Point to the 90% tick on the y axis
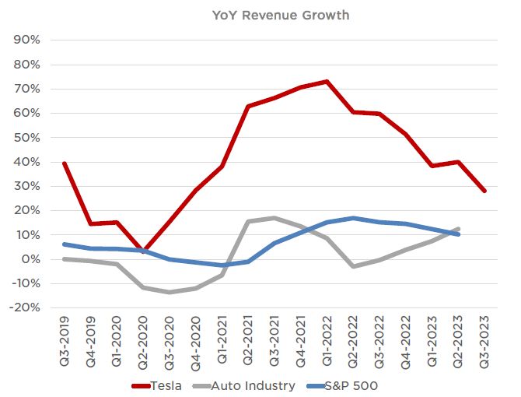[x=26, y=40]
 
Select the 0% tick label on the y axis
[x=30, y=259]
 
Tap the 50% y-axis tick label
[x=26, y=137]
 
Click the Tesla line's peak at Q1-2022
[x=327, y=81]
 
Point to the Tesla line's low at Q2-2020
[x=143, y=251]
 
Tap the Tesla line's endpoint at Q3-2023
[x=484, y=191]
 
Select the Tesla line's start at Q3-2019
[x=63, y=163]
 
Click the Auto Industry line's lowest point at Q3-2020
[x=169, y=292]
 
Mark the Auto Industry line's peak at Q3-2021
[x=274, y=218]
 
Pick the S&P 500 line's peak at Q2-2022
[x=353, y=218]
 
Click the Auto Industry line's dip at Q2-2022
[x=353, y=266]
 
